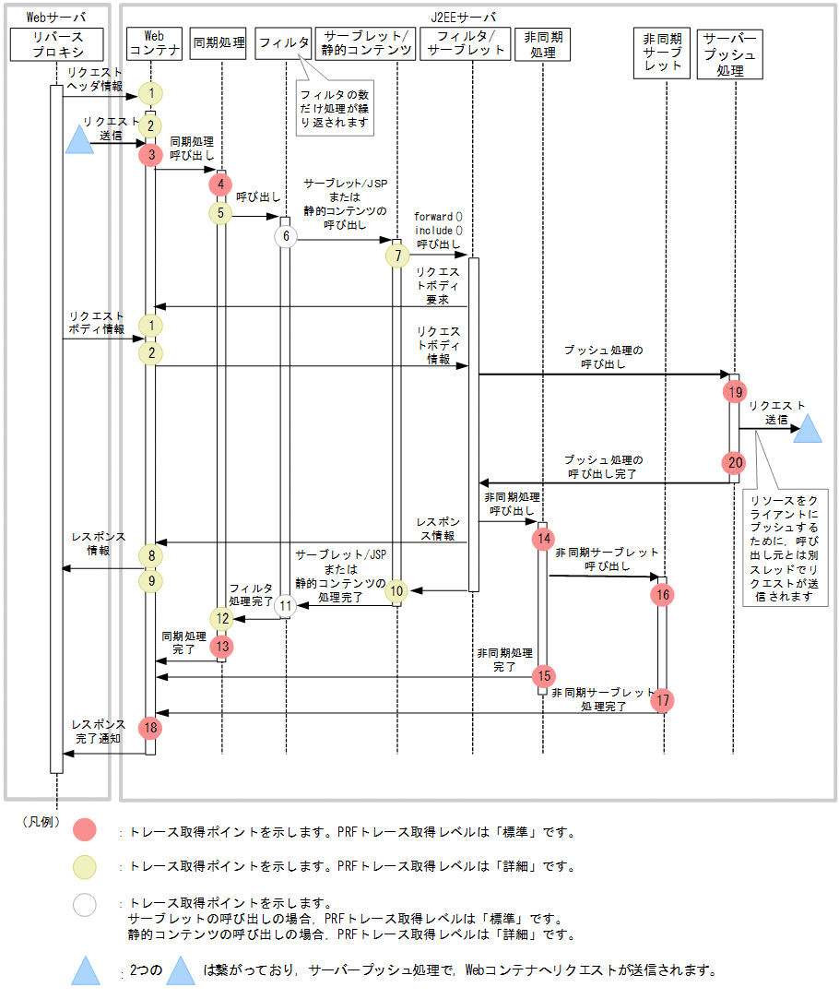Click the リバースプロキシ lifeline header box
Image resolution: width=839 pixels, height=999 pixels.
[57, 44]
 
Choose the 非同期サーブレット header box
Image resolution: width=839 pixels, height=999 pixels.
[662, 54]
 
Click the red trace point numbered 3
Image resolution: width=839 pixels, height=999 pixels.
[150, 154]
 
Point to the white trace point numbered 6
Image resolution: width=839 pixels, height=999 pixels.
[286, 236]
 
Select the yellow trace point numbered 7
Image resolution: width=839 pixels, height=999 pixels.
[397, 256]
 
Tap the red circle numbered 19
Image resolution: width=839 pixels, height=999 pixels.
[734, 391]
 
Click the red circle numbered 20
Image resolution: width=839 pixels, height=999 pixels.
[734, 462]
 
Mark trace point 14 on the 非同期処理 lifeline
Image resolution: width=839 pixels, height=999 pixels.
[543, 538]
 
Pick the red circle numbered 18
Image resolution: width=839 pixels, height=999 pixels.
[150, 728]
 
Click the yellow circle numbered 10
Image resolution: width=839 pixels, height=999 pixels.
[397, 590]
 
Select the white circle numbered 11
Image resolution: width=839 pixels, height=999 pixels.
[286, 606]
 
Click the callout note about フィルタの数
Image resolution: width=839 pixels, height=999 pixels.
[335, 110]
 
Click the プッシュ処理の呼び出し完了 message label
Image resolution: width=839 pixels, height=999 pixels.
[603, 467]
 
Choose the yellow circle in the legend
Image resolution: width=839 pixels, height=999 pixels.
[85, 866]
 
